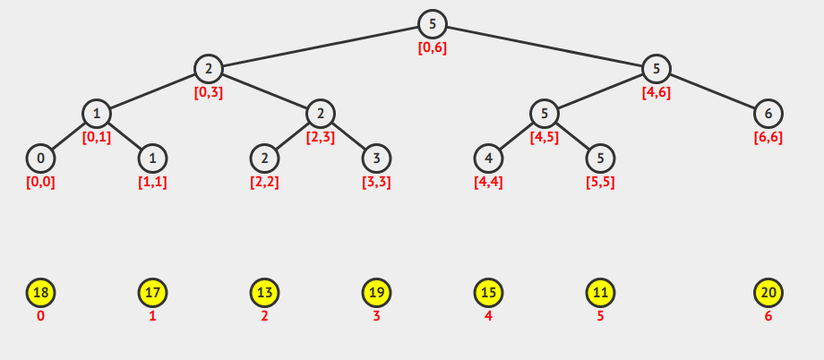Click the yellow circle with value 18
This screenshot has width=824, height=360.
tap(41, 293)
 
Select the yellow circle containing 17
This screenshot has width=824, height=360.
tap(153, 293)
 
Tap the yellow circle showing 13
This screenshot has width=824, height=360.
tap(265, 293)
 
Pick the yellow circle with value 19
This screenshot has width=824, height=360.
tap(377, 293)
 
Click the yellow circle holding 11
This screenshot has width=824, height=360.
tap(600, 293)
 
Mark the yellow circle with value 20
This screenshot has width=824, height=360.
tap(768, 293)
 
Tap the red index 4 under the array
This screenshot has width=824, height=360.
tap(488, 316)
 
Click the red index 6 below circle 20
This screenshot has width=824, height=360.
tap(768, 316)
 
